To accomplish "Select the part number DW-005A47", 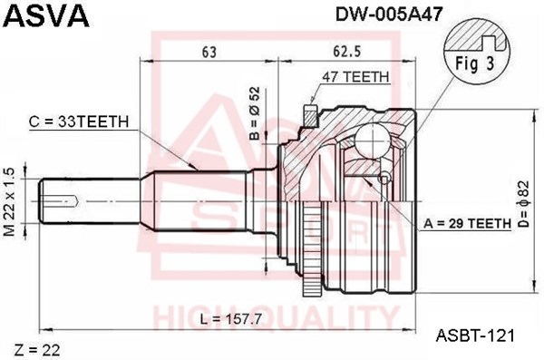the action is click(389, 15).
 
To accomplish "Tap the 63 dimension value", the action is click(209, 52).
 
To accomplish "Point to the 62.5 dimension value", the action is click(347, 52).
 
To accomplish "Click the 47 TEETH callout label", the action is click(355, 77).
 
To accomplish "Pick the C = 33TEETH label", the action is click(79, 122).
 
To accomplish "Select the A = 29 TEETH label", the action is click(467, 224).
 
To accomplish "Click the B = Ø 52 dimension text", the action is click(255, 113).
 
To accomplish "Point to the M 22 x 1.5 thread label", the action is click(10, 201).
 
